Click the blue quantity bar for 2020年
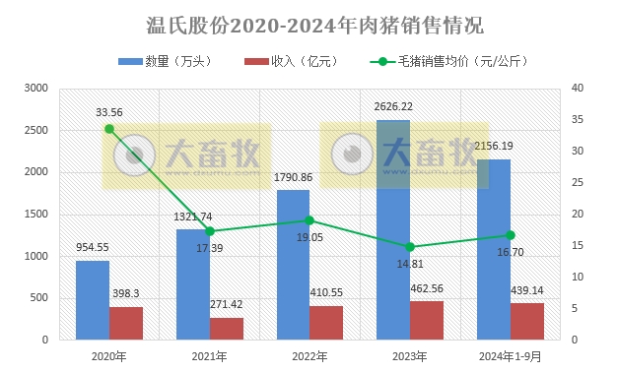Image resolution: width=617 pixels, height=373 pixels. [x=93, y=299]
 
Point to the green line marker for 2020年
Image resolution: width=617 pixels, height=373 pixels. [x=109, y=129]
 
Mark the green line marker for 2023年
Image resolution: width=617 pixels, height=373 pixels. [x=410, y=247]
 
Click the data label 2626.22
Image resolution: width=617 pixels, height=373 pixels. [x=393, y=106]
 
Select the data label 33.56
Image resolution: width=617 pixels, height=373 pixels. [x=109, y=111]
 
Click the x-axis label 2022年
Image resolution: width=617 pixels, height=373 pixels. [x=309, y=355]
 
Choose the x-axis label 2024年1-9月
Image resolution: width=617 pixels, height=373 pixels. [x=510, y=355]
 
